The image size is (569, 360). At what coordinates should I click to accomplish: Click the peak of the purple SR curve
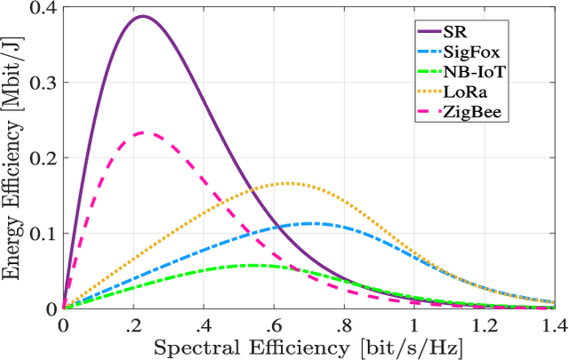(141, 16)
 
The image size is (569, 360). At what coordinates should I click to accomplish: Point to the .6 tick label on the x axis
(273, 324)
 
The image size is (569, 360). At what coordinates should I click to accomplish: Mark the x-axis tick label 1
(413, 324)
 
